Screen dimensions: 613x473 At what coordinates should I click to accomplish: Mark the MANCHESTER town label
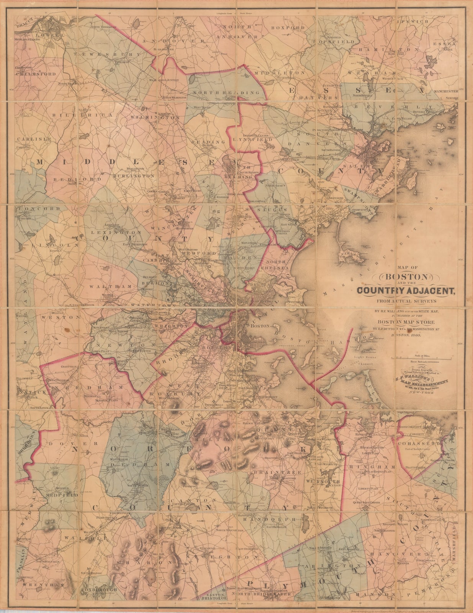coord(446,91)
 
